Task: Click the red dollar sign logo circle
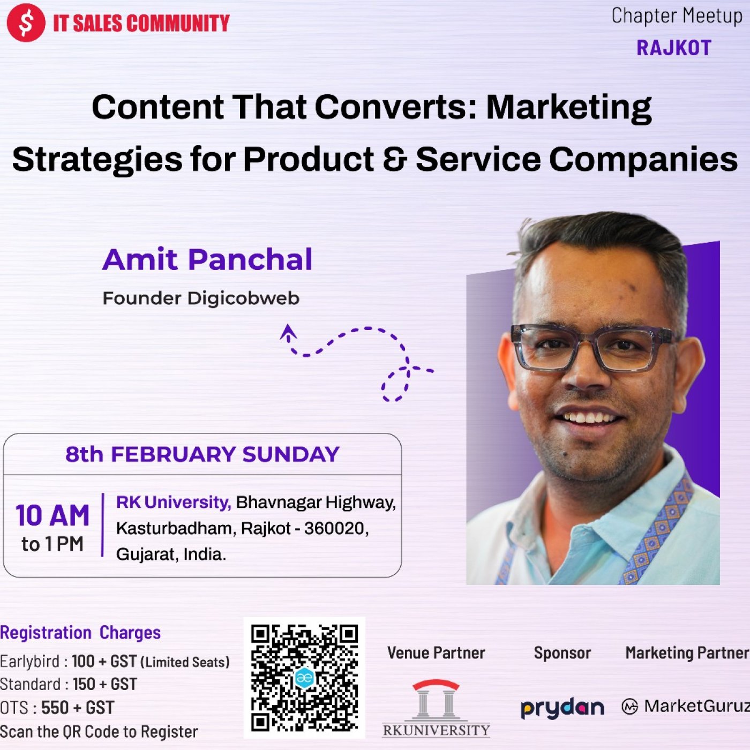(26, 22)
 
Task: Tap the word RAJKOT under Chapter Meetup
(674, 48)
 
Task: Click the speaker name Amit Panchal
(207, 259)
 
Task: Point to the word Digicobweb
(243, 298)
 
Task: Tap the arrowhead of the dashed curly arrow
(288, 332)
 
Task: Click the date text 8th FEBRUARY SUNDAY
(202, 454)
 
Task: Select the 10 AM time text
(52, 516)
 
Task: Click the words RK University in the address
(174, 502)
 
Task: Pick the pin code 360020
(336, 529)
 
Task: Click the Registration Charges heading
(80, 633)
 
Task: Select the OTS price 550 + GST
(78, 708)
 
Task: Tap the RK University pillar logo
(436, 708)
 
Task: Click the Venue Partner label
(436, 653)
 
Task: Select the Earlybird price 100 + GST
(104, 661)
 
